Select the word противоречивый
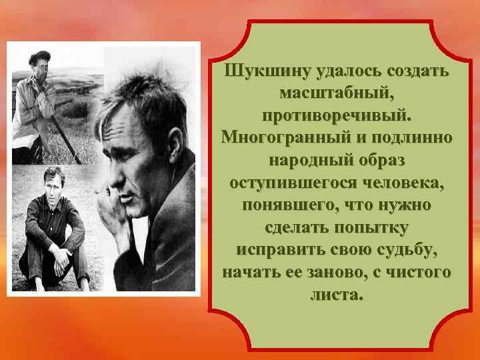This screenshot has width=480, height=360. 337,116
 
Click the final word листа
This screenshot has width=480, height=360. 337,294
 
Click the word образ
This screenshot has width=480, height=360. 381,161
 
